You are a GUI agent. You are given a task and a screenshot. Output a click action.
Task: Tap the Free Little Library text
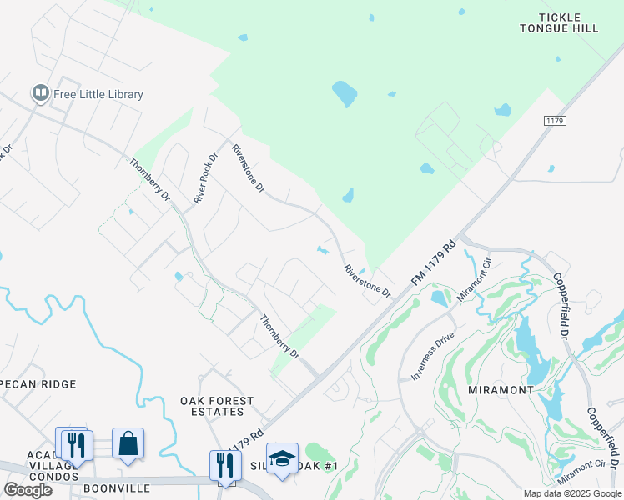click(x=98, y=94)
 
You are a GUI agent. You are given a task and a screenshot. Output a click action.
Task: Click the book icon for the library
click(x=39, y=93)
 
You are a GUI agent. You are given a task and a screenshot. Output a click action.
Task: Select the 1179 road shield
click(x=555, y=121)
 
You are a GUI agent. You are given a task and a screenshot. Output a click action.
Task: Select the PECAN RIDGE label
click(x=38, y=384)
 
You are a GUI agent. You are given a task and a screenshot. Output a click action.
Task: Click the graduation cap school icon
click(x=282, y=457)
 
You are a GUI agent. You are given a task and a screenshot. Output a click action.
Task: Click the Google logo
click(x=28, y=490)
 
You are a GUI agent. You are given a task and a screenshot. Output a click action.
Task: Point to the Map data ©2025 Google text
click(x=571, y=493)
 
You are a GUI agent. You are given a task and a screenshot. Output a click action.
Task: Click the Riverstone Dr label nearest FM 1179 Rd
click(x=368, y=282)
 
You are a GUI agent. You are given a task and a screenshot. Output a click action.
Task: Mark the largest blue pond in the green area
click(x=345, y=93)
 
